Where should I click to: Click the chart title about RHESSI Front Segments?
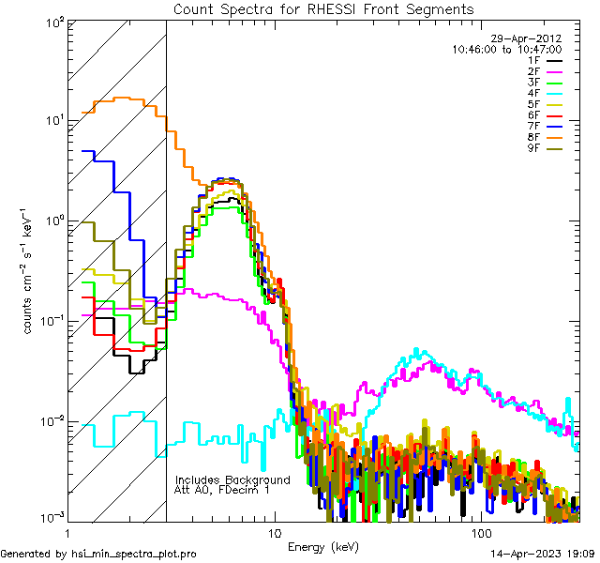(x=323, y=8)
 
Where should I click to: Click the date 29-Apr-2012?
(x=531, y=38)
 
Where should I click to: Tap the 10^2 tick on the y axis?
(x=55, y=21)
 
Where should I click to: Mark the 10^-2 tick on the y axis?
(x=53, y=420)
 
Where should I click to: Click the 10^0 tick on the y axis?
(x=55, y=221)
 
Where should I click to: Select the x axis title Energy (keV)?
(x=323, y=546)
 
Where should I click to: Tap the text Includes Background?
(x=232, y=479)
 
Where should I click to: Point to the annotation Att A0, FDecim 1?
(x=222, y=490)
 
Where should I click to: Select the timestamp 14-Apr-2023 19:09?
(x=541, y=554)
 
